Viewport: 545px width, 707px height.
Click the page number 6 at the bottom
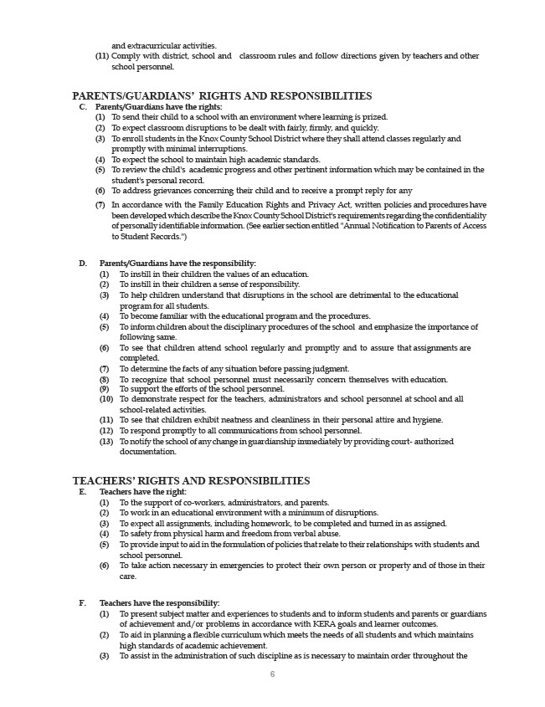click(x=272, y=674)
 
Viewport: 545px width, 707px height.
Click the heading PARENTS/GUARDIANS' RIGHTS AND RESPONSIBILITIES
click(x=222, y=96)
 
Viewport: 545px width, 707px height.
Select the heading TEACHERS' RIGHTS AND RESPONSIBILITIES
click(x=191, y=480)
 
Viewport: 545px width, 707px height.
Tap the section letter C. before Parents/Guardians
click(x=83, y=107)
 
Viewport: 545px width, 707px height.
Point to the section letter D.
click(x=83, y=264)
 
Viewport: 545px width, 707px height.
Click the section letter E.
click(x=83, y=492)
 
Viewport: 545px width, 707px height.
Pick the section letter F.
click(x=83, y=602)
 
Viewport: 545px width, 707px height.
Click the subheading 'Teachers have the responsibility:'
click(x=160, y=602)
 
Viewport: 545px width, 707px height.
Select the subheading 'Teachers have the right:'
click(x=143, y=492)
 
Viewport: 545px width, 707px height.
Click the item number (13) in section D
click(x=106, y=441)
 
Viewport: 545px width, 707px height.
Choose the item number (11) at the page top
click(x=101, y=56)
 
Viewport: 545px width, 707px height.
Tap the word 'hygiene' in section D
click(x=428, y=420)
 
